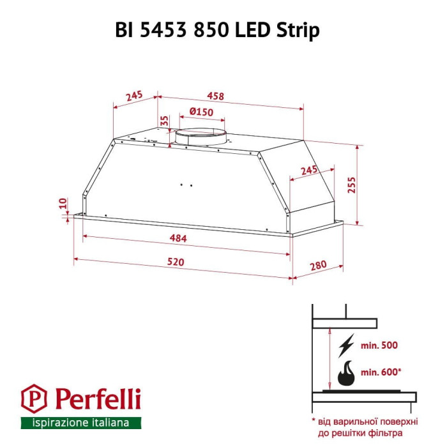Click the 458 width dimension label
216,96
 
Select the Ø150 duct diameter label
201,112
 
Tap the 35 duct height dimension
165,121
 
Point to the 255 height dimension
351,185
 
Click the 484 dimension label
178,238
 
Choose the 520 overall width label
176,262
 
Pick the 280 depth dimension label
318,266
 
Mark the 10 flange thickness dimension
63,203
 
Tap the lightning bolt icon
346,345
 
